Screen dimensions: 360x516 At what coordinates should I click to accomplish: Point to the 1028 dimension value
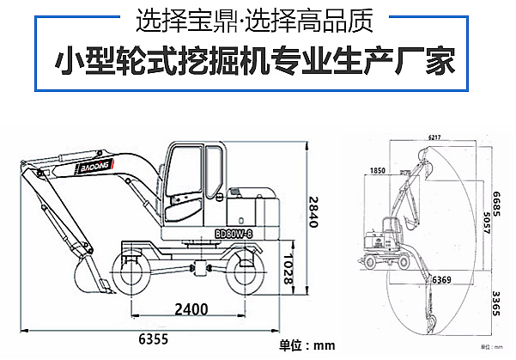click(x=290, y=268)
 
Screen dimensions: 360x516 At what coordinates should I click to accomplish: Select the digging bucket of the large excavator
click(x=89, y=278)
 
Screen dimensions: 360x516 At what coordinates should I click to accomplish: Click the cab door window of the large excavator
click(x=183, y=176)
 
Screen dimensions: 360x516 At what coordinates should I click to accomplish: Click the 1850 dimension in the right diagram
click(x=378, y=172)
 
